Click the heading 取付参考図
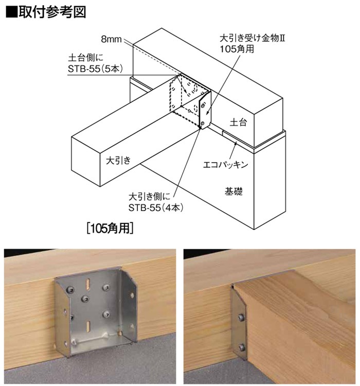(x=52, y=12)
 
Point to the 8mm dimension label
(x=111, y=39)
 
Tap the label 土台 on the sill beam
(x=238, y=122)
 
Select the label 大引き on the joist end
(x=118, y=161)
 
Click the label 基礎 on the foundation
(x=233, y=191)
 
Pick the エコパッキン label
(x=225, y=165)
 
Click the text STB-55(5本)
(x=95, y=68)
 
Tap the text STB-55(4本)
(x=156, y=208)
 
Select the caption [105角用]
(x=110, y=228)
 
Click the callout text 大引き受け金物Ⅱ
(x=252, y=39)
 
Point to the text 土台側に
(x=86, y=58)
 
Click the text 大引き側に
(x=149, y=197)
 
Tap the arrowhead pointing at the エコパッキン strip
(x=236, y=144)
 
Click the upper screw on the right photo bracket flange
(x=241, y=318)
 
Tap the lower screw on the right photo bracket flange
(x=241, y=347)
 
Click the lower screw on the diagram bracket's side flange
(x=203, y=123)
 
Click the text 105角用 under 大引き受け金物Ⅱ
(x=237, y=49)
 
